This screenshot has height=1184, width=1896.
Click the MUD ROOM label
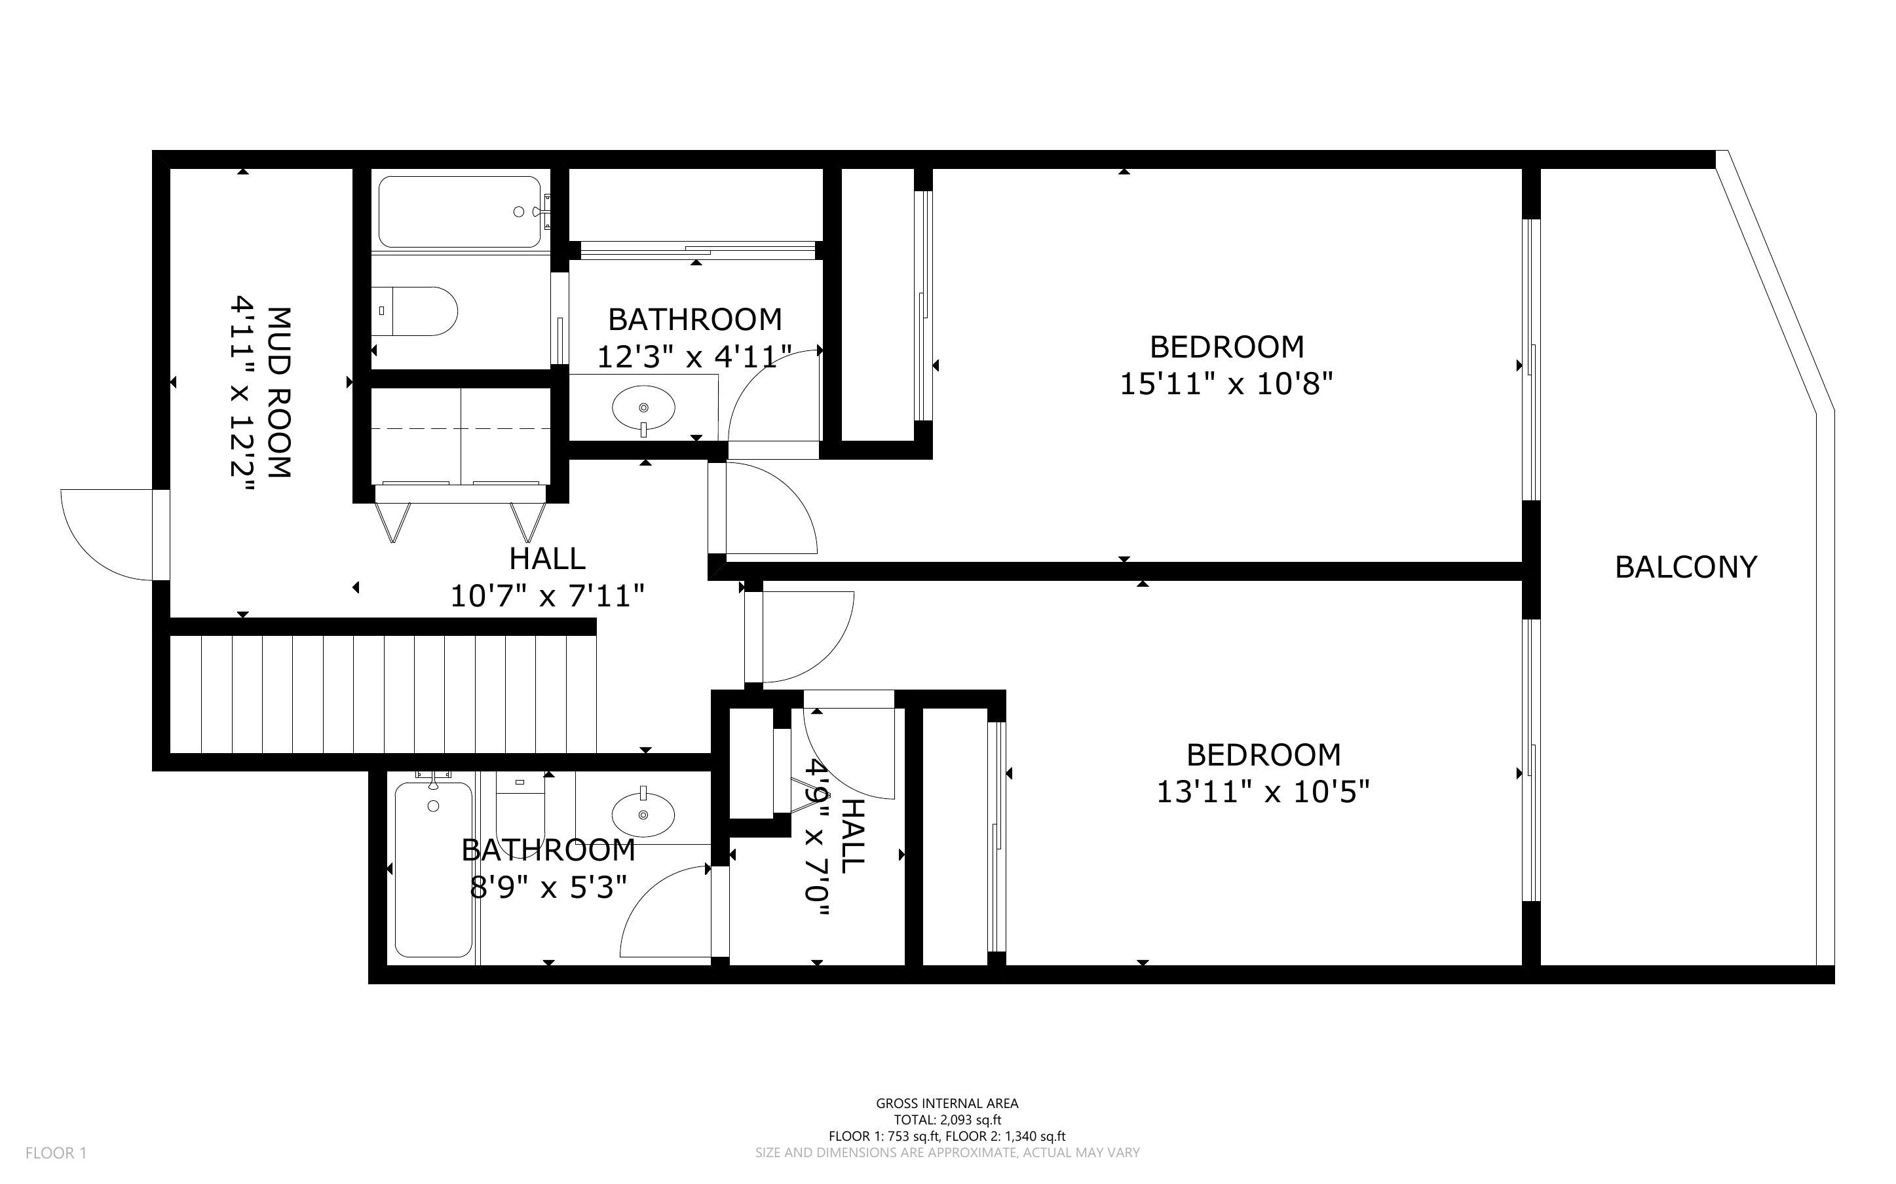click(280, 392)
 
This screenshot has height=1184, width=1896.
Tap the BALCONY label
click(1686, 567)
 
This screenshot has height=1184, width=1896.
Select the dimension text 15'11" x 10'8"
click(1226, 384)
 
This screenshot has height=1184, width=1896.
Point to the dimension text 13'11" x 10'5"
click(1263, 792)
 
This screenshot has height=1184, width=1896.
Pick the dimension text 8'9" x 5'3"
click(548, 887)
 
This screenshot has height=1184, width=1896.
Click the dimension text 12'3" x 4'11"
click(694, 357)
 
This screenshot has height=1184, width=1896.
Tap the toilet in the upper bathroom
click(414, 311)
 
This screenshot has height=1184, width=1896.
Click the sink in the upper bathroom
click(643, 409)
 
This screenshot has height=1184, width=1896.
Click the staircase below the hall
click(383, 694)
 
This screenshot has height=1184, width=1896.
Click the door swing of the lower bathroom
click(666, 912)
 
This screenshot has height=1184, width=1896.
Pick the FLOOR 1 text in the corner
click(56, 1153)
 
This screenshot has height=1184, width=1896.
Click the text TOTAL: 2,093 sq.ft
click(947, 1120)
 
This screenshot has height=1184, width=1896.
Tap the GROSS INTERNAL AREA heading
click(947, 1103)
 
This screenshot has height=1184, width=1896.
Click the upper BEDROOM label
click(1226, 347)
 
